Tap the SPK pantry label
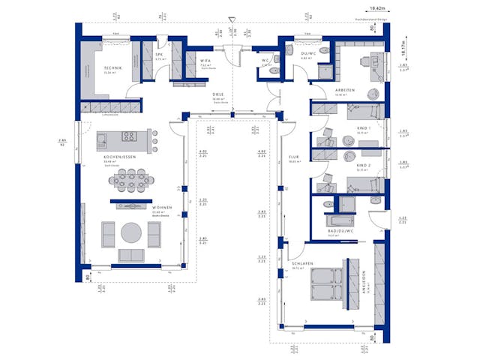(x=159, y=54)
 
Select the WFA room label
(x=205, y=59)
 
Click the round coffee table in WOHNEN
(x=130, y=233)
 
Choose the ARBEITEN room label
(x=345, y=91)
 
